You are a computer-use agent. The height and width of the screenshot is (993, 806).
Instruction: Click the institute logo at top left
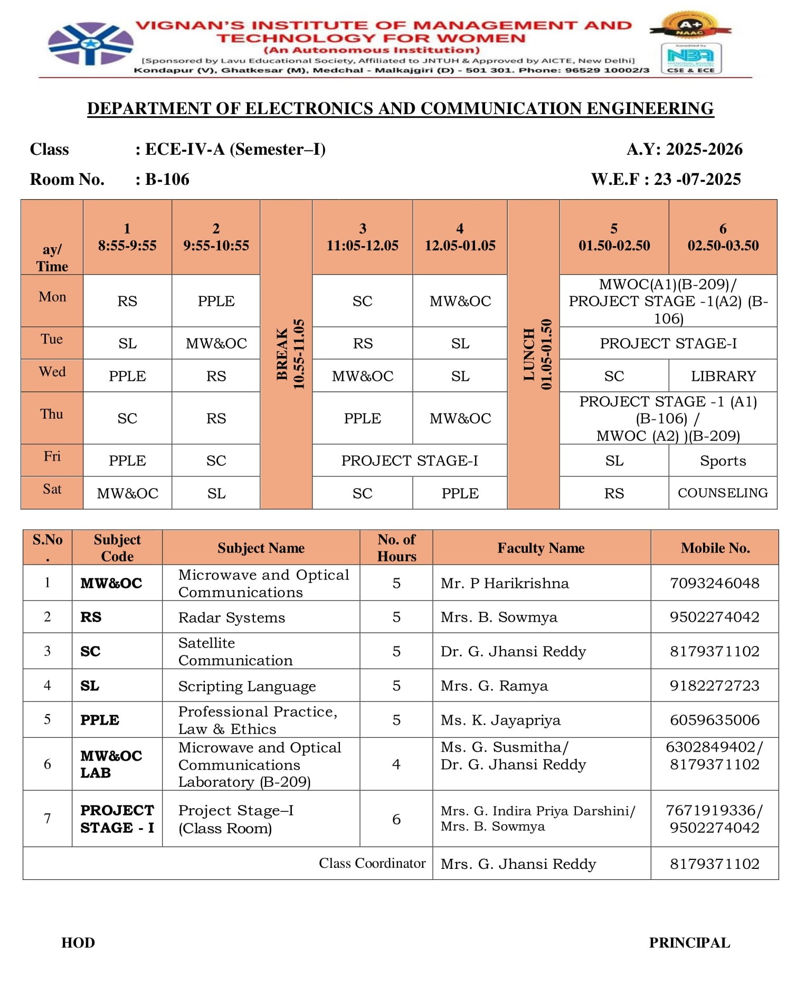90,44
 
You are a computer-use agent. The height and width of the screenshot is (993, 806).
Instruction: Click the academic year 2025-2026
704,149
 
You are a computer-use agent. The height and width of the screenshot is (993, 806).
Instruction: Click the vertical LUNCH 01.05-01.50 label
537,354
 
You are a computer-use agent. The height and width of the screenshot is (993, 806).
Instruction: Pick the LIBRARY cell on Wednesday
723,376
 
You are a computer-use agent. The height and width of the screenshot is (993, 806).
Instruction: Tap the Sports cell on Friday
723,461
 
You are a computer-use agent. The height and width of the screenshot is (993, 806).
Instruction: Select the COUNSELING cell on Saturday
723,493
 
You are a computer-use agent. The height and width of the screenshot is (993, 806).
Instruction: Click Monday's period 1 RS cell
127,301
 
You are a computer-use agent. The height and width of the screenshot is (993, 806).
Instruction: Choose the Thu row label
52,414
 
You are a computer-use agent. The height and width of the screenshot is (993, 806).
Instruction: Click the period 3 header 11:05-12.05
362,237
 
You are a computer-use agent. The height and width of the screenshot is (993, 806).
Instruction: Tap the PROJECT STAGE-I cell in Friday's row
410,461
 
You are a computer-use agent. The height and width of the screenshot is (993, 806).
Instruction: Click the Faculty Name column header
541,548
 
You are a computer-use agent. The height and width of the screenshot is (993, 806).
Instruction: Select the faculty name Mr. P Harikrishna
505,583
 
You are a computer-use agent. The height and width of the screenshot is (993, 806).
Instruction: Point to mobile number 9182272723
714,686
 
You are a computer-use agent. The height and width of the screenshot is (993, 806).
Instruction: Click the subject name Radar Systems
232,617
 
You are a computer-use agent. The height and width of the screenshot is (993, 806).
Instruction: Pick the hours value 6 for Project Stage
396,819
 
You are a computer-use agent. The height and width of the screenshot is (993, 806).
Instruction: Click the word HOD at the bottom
78,943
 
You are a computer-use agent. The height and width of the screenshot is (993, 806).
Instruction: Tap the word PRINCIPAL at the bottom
689,943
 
